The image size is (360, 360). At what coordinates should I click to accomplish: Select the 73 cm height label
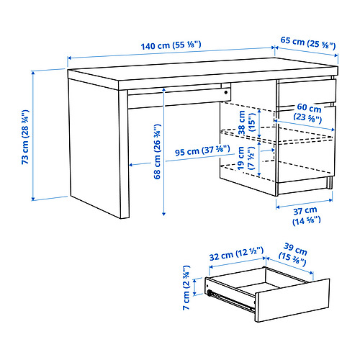click(25, 135)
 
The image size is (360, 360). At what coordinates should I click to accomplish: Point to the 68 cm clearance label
click(156, 153)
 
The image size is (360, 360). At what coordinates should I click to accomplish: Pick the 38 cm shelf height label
click(252, 117)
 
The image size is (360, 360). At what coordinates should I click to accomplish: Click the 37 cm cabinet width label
click(307, 217)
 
